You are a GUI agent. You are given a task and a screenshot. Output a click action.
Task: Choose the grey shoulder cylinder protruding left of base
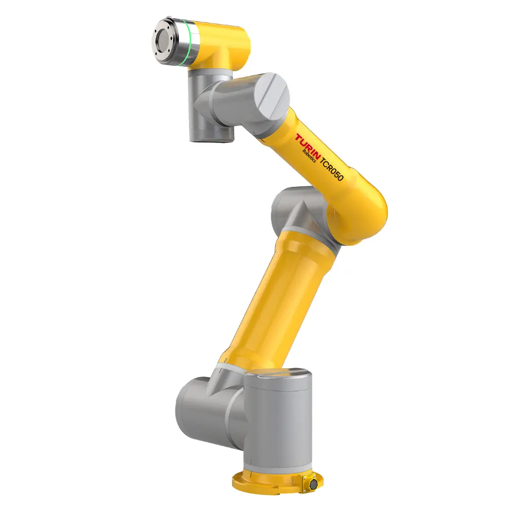pos(201,406)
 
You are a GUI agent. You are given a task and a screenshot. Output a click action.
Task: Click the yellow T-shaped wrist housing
pos(224,48)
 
